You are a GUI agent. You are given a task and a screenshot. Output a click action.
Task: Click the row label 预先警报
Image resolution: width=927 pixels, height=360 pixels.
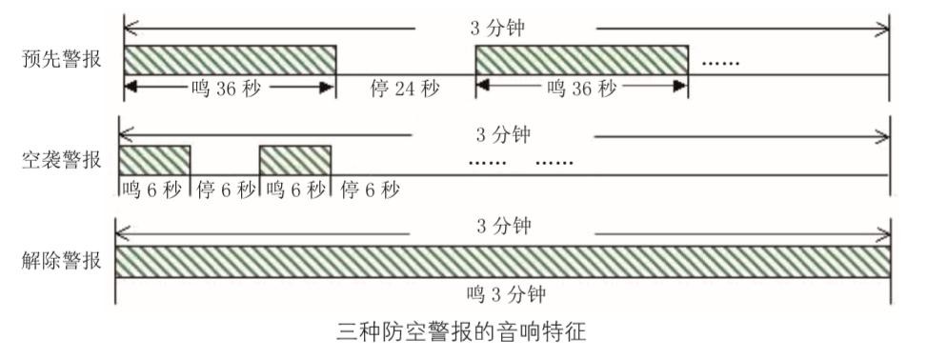point(62,60)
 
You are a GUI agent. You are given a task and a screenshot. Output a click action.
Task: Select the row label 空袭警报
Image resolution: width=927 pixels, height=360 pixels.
point(62,160)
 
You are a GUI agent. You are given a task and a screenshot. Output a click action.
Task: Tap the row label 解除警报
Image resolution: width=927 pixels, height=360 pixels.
point(62,261)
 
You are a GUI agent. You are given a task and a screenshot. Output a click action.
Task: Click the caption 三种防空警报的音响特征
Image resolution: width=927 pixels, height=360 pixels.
point(462,331)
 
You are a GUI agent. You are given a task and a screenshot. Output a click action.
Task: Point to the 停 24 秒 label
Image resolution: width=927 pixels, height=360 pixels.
point(405,90)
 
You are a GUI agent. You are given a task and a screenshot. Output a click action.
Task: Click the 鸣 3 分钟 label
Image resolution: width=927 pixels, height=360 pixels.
point(506,293)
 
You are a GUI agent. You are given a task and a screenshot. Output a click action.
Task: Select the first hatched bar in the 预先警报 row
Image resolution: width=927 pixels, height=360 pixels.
point(230,60)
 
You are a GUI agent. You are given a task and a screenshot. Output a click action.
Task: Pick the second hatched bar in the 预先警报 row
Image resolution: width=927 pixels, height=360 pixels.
point(582,60)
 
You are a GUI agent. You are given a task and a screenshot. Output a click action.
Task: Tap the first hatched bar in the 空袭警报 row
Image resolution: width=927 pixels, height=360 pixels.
point(155,160)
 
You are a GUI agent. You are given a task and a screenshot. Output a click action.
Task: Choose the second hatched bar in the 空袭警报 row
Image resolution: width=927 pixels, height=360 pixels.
point(295,160)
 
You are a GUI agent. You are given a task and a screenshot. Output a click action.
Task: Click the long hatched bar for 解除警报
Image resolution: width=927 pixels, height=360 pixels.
point(502,262)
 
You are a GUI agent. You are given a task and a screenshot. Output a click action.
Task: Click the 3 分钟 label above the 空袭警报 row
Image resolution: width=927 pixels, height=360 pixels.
point(504,135)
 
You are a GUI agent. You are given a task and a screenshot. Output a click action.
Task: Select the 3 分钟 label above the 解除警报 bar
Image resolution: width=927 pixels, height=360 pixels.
point(504,226)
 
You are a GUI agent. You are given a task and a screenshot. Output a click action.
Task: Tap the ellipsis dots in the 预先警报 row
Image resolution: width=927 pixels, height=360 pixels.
point(720,63)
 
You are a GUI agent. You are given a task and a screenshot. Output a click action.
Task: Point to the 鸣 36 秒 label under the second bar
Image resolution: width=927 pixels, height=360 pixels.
point(582,89)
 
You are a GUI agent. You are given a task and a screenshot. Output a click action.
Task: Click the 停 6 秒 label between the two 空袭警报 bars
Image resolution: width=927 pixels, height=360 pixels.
point(225,190)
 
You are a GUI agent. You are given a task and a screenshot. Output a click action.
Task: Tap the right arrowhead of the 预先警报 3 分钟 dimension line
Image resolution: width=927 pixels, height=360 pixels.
point(883,28)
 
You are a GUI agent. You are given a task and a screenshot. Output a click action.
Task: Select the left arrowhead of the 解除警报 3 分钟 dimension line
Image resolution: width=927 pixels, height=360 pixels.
point(122,234)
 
